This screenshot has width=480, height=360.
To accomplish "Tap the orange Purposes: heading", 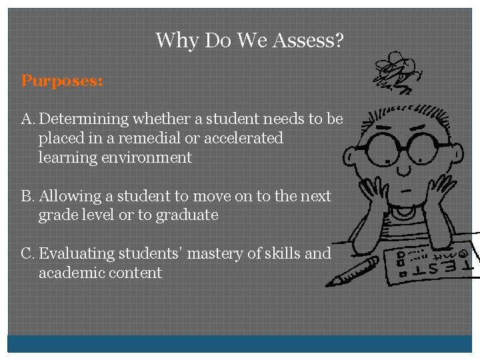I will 62,81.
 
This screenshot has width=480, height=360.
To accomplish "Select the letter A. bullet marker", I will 28,119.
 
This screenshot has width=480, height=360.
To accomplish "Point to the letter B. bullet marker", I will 28,197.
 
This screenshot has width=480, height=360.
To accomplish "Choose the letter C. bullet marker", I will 28,254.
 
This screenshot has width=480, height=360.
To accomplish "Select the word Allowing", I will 70,197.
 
